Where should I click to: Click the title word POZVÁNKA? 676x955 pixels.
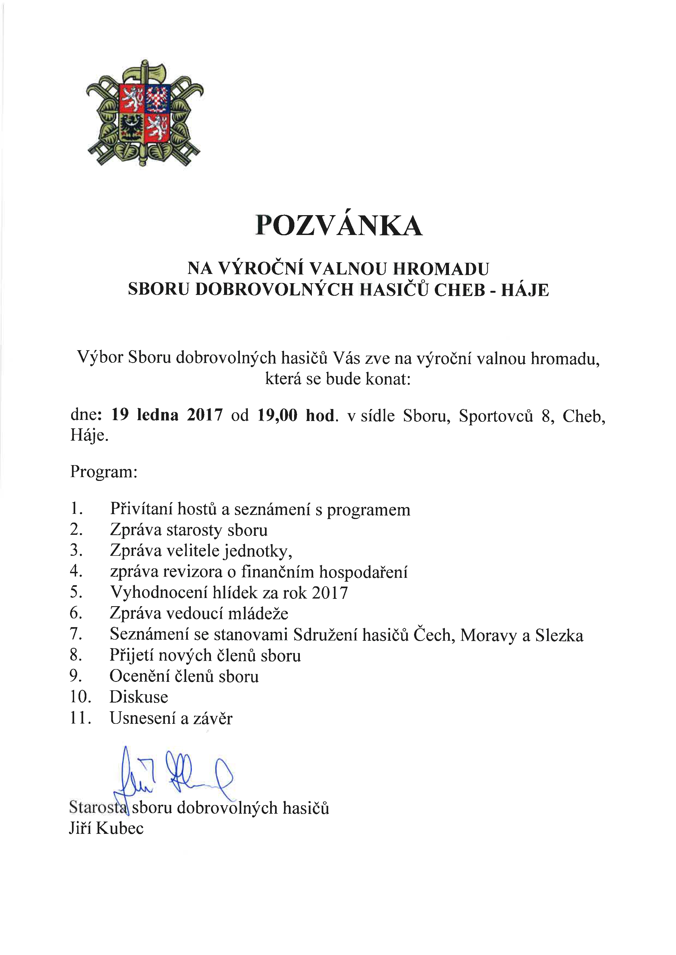pyautogui.click(x=339, y=226)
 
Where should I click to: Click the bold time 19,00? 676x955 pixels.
pyautogui.click(x=277, y=415)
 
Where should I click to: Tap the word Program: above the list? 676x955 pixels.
pyautogui.click(x=104, y=472)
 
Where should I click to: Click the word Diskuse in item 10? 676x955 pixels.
pyautogui.click(x=139, y=697)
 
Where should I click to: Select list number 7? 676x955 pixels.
pyautogui.click(x=76, y=634)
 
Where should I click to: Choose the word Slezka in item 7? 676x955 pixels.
pyautogui.click(x=559, y=635)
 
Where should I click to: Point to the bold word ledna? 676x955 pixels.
pyautogui.click(x=157, y=415)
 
